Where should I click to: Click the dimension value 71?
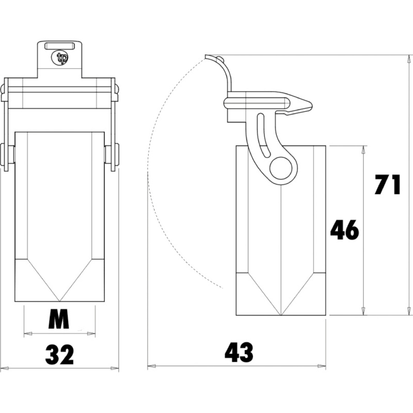pyautogui.click(x=388, y=185)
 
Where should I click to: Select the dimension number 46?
pyautogui.click(x=345, y=230)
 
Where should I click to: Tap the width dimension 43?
pyautogui.click(x=239, y=353)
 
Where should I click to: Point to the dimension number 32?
pyautogui.click(x=60, y=355)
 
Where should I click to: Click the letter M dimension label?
pyautogui.click(x=59, y=321)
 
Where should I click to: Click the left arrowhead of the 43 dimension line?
pyautogui.click(x=151, y=367)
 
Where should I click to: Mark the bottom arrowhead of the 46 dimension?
pyautogui.click(x=364, y=312)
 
